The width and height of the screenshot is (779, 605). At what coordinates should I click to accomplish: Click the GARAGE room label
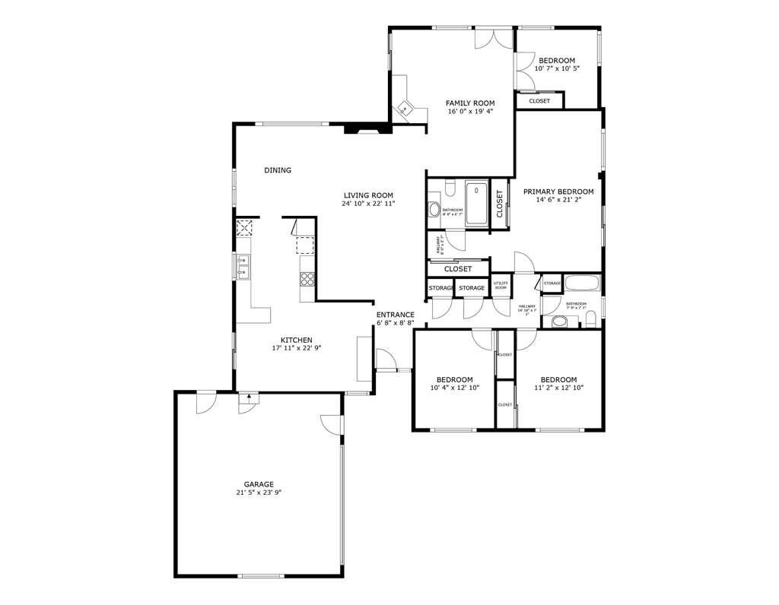pyautogui.click(x=259, y=484)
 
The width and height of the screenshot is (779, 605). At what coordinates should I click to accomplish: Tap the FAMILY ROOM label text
pyautogui.click(x=470, y=103)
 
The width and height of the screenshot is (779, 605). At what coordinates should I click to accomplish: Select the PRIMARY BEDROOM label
pyautogui.click(x=558, y=192)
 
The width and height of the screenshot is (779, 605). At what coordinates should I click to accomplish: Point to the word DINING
pyautogui.click(x=278, y=171)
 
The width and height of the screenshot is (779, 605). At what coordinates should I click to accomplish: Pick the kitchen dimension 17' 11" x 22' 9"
pyautogui.click(x=297, y=349)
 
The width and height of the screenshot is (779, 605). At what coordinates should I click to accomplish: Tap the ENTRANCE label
pyautogui.click(x=395, y=315)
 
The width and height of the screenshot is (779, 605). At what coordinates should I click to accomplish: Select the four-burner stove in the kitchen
pyautogui.click(x=307, y=279)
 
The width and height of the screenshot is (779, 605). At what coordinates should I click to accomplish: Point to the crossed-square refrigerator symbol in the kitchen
pyautogui.click(x=245, y=227)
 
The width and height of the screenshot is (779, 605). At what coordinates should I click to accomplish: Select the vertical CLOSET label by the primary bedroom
pyautogui.click(x=500, y=204)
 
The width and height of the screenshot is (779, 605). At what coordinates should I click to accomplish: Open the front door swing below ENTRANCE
pyautogui.click(x=385, y=359)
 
